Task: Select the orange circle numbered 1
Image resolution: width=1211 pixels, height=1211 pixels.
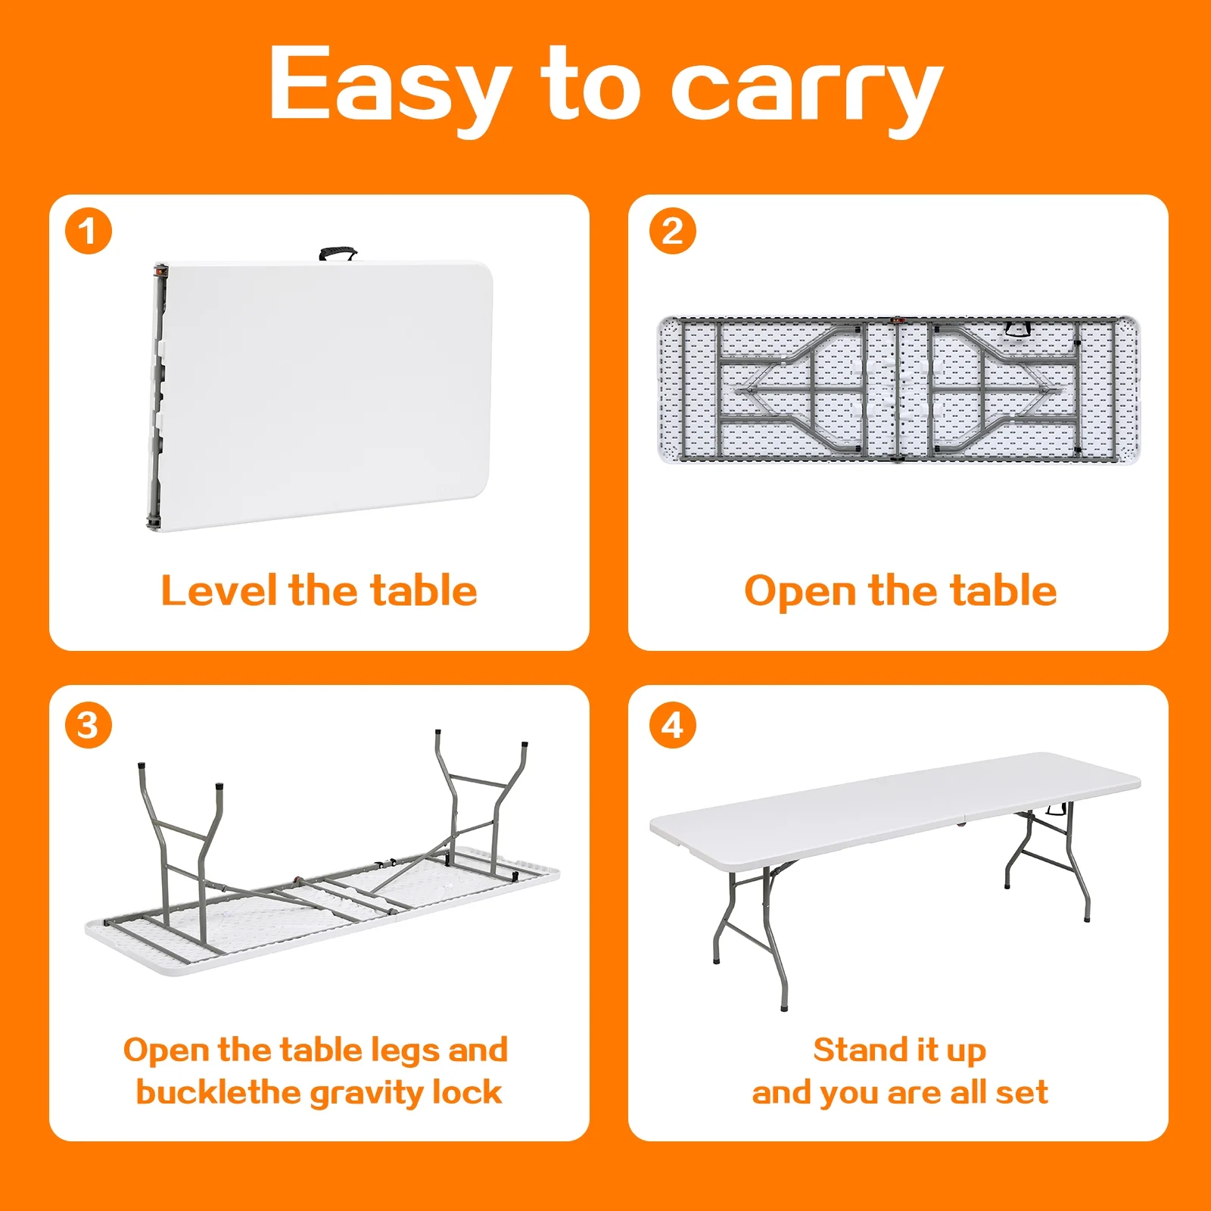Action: pyautogui.click(x=89, y=231)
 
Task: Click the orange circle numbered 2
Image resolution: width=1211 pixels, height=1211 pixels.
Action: pyautogui.click(x=672, y=231)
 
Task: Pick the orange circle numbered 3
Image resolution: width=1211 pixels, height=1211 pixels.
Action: pyautogui.click(x=89, y=725)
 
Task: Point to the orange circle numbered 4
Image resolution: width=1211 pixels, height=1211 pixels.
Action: pyautogui.click(x=672, y=725)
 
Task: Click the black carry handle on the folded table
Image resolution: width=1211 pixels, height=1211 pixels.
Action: pyautogui.click(x=338, y=253)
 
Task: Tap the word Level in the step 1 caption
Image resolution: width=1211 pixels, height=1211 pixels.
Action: pyautogui.click(x=219, y=590)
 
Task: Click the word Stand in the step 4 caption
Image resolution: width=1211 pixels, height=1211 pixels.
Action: pyautogui.click(x=860, y=1050)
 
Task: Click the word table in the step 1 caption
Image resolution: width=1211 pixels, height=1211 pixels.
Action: pyautogui.click(x=424, y=590)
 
